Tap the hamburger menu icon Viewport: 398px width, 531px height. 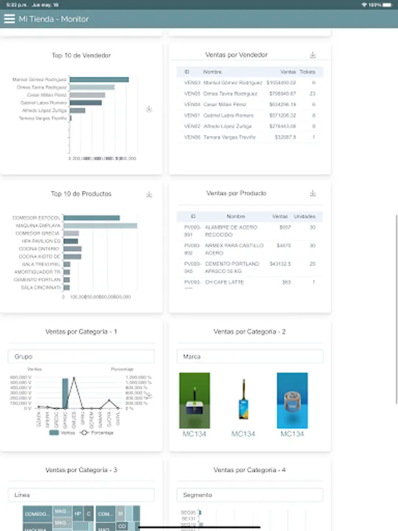pyautogui.click(x=9, y=19)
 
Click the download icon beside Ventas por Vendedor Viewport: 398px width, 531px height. pyautogui.click(x=313, y=55)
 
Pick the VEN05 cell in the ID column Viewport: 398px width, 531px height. pyautogui.click(x=192, y=93)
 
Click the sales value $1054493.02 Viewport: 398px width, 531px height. pyautogui.click(x=281, y=83)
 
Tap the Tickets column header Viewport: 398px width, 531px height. pyautogui.click(x=308, y=72)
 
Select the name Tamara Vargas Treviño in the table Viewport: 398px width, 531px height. pyautogui.click(x=229, y=137)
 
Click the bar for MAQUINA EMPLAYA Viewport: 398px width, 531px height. pyautogui.click(x=100, y=225)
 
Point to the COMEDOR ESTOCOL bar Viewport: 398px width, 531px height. pyautogui.click(x=91, y=218)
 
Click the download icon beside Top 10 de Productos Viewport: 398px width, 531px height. pyautogui.click(x=149, y=194)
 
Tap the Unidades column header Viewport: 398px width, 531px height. pyautogui.click(x=304, y=217)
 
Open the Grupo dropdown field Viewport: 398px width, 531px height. pyautogui.click(x=81, y=356)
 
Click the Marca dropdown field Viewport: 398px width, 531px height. pyautogui.click(x=250, y=356)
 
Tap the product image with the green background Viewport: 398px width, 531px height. pyautogui.click(x=195, y=400)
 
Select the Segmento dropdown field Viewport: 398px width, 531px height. pyautogui.click(x=250, y=495)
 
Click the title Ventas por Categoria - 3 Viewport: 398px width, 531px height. pyautogui.click(x=81, y=470)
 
